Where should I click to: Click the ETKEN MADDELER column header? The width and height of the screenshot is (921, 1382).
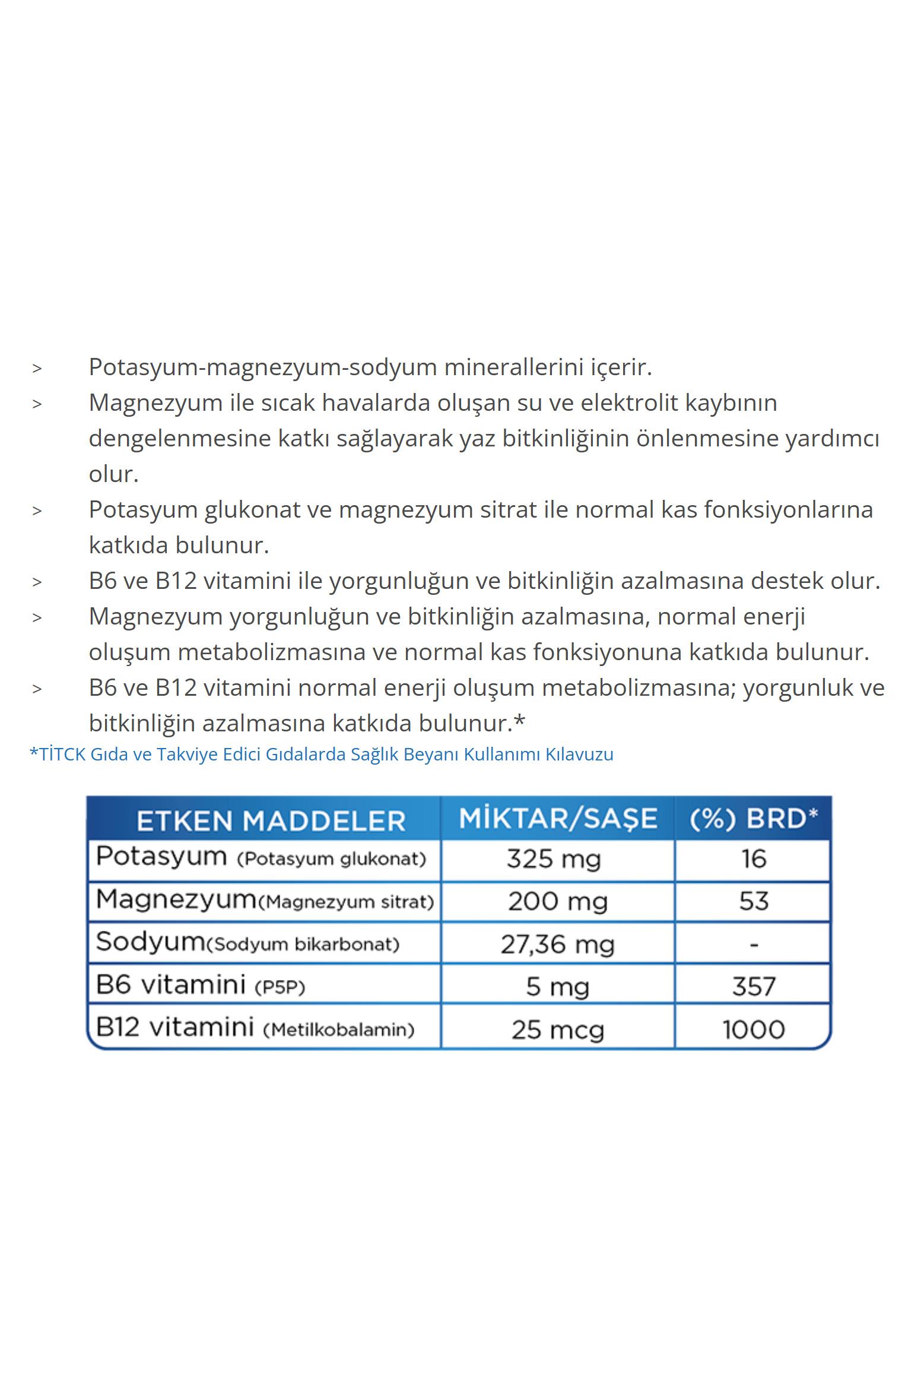[x=271, y=821]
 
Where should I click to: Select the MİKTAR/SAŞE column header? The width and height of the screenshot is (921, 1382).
[x=558, y=819]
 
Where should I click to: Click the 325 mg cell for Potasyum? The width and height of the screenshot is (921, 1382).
[x=554, y=859]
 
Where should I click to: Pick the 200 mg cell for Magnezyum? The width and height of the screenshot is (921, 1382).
[x=558, y=902]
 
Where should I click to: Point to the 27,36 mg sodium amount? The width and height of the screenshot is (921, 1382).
[x=557, y=944]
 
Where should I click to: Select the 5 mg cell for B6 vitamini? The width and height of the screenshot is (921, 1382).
[x=557, y=987]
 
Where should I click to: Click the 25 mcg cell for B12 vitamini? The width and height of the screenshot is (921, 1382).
[x=558, y=1029]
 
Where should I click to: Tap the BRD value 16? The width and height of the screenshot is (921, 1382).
[x=754, y=859]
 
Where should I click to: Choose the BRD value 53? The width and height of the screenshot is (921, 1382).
[x=754, y=901]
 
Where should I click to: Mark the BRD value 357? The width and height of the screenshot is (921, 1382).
[x=754, y=987]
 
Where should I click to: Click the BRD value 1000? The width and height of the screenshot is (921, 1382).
[x=754, y=1029]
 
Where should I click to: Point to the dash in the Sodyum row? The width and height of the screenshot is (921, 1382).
[x=754, y=944]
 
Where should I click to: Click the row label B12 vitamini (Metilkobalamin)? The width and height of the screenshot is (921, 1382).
[x=255, y=1028]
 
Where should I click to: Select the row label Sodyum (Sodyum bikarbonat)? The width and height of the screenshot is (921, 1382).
[x=248, y=943]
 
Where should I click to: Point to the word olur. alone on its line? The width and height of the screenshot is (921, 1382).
[x=113, y=474]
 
